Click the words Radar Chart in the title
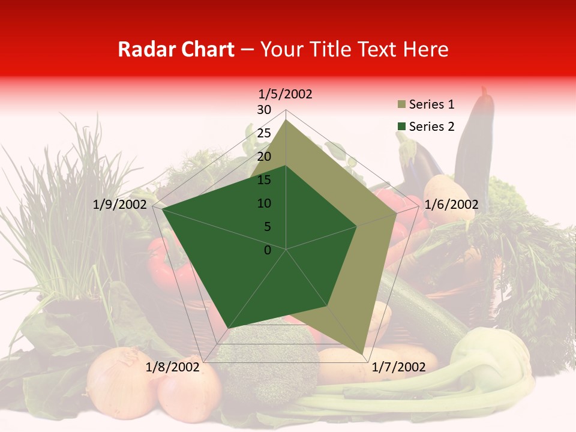pos(176,49)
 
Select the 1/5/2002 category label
pos(286,94)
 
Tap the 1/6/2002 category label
pos(451,205)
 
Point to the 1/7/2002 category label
pos(398,367)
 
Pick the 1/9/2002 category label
pos(120,205)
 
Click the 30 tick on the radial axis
pos(264,110)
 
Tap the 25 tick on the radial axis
pos(264,133)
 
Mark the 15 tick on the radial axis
pos(264,180)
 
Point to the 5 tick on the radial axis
pos(267,227)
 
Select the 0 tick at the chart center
pos(268,250)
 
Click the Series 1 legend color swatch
pos(401,105)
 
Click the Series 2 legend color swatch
pos(401,127)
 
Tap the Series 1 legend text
pos(431,104)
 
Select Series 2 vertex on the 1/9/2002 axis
pos(162,209)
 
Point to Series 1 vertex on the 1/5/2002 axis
pos(286,119)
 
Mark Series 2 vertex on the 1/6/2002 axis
pos(357,226)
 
